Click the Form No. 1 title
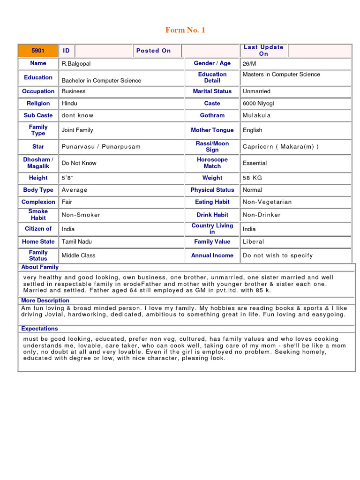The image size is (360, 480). pyautogui.click(x=185, y=30)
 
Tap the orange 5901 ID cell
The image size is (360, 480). pyautogui.click(x=37, y=51)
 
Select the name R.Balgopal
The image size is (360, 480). pyautogui.click(x=76, y=63)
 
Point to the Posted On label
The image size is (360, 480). pyautogui.click(x=153, y=51)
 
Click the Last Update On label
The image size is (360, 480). pyautogui.click(x=263, y=50)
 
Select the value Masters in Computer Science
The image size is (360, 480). pyautogui.click(x=281, y=75)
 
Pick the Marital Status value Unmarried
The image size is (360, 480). pyautogui.click(x=256, y=91)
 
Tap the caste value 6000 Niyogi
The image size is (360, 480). pyautogui.click(x=258, y=104)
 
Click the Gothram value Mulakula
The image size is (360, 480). pyautogui.click(x=256, y=115)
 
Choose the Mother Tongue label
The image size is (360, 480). pyautogui.click(x=212, y=130)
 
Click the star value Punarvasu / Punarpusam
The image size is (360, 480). pyautogui.click(x=101, y=147)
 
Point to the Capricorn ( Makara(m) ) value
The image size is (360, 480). pyautogui.click(x=280, y=147)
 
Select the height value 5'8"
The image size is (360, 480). pyautogui.click(x=68, y=178)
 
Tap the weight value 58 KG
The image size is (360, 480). pyautogui.click(x=252, y=178)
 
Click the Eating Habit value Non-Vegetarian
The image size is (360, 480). pyautogui.click(x=267, y=202)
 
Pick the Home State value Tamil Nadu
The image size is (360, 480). pyautogui.click(x=77, y=242)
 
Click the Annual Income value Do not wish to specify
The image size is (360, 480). pyautogui.click(x=277, y=255)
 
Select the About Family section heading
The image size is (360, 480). pyautogui.click(x=40, y=267)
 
